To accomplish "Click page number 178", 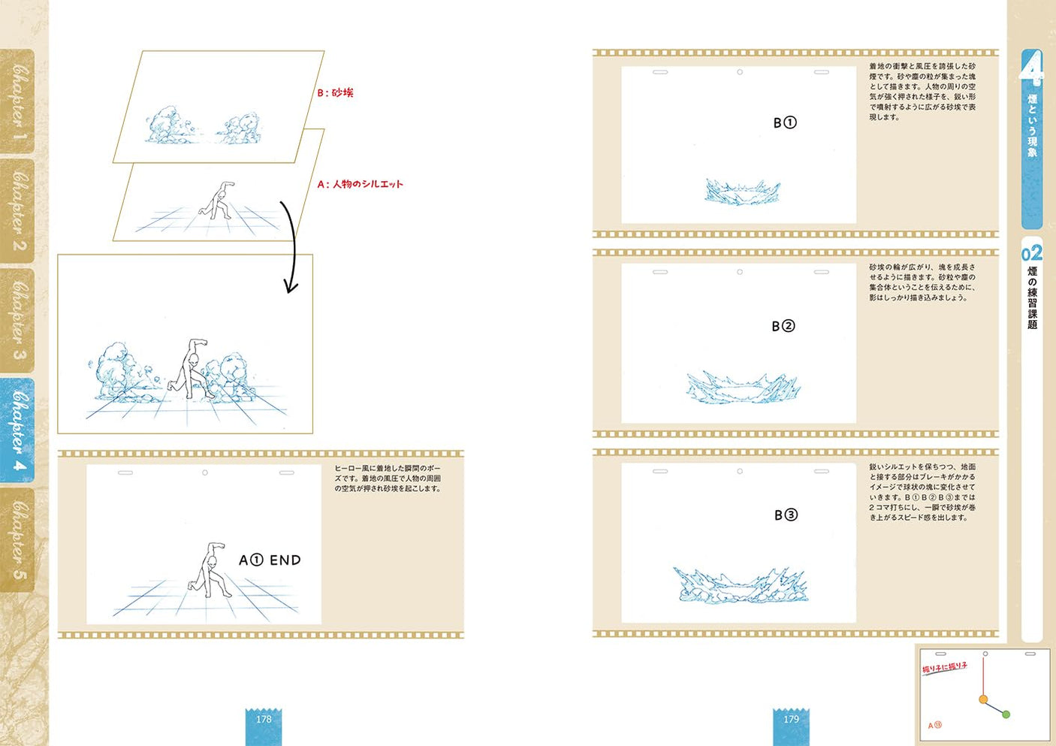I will (x=264, y=720).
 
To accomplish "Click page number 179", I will (x=791, y=720).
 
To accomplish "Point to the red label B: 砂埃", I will (x=335, y=93).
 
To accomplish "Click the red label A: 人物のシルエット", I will (x=360, y=184).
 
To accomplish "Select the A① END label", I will (x=270, y=560).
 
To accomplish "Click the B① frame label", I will (x=785, y=122).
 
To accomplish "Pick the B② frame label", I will (x=783, y=326).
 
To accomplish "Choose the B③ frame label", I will (x=786, y=515).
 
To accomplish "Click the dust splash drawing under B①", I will (x=742, y=193).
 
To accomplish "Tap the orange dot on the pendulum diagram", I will (x=983, y=699).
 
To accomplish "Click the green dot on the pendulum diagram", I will (x=1006, y=714).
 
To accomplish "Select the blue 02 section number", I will (x=1032, y=253).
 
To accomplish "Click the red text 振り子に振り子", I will (x=945, y=667).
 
